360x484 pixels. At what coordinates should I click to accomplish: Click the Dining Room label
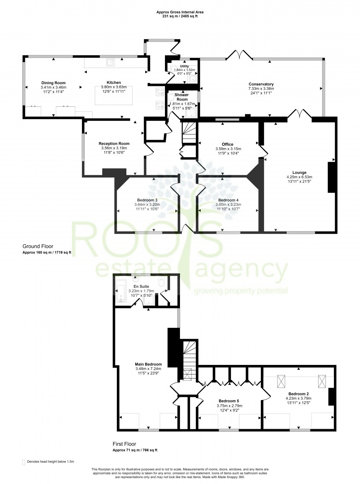pos(53,83)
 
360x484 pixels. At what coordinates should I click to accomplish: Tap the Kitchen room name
pos(114,83)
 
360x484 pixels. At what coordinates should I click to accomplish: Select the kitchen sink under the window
pos(110,62)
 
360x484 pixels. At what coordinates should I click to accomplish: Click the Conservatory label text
pos(261,84)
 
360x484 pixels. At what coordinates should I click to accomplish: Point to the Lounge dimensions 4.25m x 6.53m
pos(299,177)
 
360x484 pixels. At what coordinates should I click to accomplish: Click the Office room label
pos(227,144)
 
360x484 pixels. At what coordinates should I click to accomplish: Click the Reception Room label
pos(114,144)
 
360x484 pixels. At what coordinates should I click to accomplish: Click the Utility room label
pos(184,66)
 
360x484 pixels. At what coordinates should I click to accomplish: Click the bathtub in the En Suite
pos(121,290)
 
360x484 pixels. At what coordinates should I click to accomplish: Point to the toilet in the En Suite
pos(161,282)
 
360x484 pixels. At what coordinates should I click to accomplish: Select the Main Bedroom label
pos(148,364)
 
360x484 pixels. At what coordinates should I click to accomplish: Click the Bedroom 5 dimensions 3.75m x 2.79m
pos(229,406)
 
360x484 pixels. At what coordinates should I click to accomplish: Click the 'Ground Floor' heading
pos(38,246)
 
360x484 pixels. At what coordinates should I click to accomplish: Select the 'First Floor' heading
pos(124,444)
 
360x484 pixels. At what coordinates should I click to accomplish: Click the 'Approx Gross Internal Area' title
pos(180,12)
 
